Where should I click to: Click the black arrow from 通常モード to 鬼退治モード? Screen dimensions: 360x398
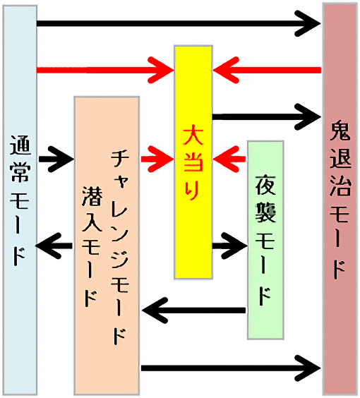(179, 23)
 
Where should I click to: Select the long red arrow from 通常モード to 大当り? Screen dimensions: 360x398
(105, 70)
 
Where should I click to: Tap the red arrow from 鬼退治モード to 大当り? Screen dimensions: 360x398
(267, 70)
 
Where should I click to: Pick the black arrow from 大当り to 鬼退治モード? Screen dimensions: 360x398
(267, 117)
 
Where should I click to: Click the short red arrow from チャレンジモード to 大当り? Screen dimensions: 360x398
(157, 159)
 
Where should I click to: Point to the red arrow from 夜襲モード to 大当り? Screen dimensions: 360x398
(229, 159)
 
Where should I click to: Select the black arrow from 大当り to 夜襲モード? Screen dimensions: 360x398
(229, 246)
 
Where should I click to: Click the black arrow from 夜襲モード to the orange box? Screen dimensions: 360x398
(193, 310)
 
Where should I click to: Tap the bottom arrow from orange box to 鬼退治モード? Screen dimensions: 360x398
(231, 368)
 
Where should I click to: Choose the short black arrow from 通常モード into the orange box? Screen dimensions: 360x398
(56, 159)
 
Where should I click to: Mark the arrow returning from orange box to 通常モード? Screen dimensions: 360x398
(54, 246)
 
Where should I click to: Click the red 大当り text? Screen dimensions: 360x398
(193, 162)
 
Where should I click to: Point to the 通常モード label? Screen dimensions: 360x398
(20, 200)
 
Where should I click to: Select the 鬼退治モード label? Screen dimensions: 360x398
(340, 200)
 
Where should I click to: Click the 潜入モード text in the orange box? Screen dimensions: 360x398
(92, 246)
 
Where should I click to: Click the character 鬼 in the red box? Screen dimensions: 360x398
(340, 131)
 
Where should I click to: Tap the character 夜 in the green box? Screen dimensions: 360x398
(265, 184)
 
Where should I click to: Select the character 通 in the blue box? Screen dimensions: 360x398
(20, 145)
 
